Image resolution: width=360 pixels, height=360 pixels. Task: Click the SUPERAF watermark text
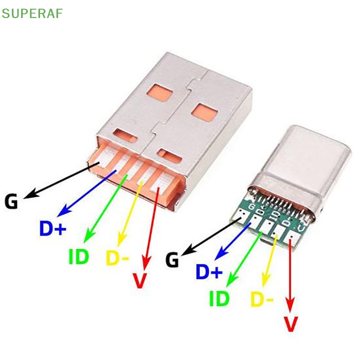32,13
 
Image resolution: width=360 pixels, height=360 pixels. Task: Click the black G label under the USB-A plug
11,201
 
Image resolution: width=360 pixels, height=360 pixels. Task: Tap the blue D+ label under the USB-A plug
53,229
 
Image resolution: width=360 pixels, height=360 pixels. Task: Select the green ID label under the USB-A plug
78,256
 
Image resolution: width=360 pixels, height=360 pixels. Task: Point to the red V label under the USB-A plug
140,281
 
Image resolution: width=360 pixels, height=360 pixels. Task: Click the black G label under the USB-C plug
172,260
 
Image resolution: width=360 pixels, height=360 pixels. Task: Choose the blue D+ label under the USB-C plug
209,272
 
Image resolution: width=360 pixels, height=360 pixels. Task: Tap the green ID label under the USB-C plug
219,298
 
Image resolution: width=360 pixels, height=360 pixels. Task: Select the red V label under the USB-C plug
291,324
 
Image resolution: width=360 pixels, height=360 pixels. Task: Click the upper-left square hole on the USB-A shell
160,93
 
